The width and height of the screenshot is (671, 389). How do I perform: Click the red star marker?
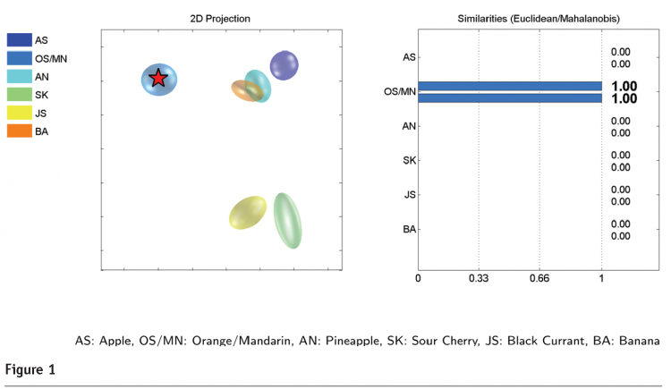pos(158,79)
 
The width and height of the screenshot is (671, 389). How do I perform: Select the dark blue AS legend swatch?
pos(19,40)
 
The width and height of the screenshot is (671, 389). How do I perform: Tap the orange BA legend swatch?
pos(19,131)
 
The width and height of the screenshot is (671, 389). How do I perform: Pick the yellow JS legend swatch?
pos(19,114)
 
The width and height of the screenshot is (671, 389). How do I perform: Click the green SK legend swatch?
pos(19,95)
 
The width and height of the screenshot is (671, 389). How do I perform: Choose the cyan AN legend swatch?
pos(19,77)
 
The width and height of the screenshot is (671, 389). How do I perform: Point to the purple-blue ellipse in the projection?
pos(284,64)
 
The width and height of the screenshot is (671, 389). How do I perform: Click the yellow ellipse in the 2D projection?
pos(248,213)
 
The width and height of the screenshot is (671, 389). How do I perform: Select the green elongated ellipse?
pos(288,220)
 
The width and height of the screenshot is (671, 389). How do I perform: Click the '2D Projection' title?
pos(220,19)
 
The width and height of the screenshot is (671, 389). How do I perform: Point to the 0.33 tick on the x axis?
pos(479,279)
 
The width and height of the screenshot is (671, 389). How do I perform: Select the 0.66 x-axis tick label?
pos(539,279)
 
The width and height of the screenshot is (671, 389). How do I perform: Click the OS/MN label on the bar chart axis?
pos(399,92)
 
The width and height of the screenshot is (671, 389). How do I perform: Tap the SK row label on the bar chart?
pos(409,161)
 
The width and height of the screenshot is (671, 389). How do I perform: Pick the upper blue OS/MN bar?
pos(509,86)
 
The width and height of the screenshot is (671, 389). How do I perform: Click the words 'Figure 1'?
pos(31,369)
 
